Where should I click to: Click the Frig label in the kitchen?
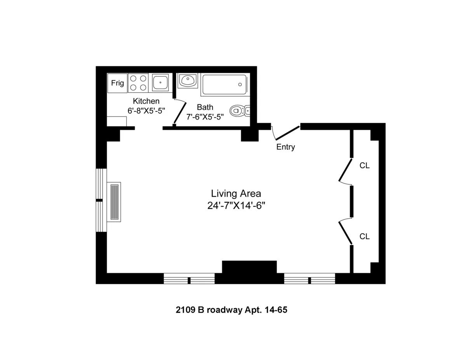pos(117,83)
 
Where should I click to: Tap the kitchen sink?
pos(160,83)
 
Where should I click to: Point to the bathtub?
pos(224,85)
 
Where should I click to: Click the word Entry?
pos(285,147)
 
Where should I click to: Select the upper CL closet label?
pos(364,165)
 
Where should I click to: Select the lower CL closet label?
pos(364,236)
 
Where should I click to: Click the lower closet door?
pos(345,232)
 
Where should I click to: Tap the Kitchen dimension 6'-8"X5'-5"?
pos(146,111)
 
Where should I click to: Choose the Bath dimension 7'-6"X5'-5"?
pos(205,117)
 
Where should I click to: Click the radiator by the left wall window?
pos(115,202)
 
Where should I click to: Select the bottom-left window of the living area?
pos(189,279)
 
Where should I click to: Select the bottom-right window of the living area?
pos(310,279)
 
